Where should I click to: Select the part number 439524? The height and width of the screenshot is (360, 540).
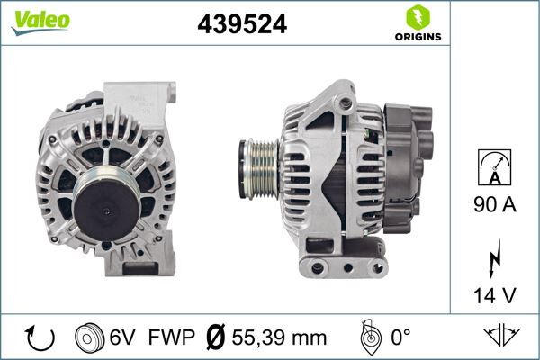[241, 25]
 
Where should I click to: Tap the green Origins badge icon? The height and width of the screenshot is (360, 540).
[417, 17]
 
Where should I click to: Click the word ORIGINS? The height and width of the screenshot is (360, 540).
[418, 38]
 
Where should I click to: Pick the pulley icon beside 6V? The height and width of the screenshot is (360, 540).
[89, 337]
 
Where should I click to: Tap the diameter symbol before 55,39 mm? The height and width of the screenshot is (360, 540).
[217, 337]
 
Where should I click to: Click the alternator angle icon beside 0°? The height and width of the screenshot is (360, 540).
[368, 337]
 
